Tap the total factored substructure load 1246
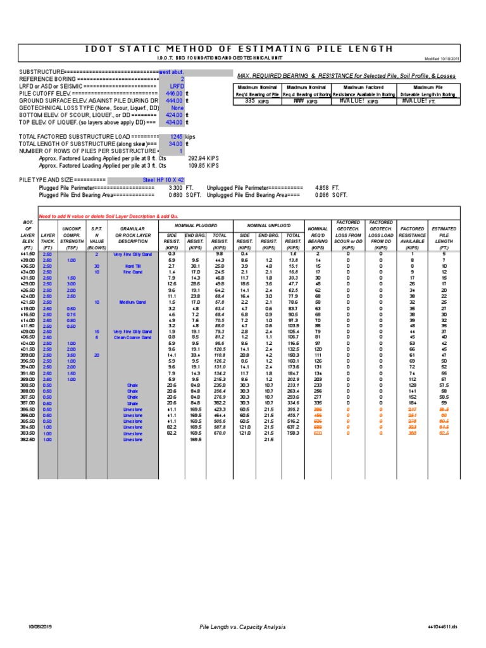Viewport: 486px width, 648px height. coord(176,137)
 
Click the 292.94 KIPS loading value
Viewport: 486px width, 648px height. coord(202,158)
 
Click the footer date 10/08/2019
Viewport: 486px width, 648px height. coord(40,626)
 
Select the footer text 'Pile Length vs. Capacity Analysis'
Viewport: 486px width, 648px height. coord(242,626)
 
